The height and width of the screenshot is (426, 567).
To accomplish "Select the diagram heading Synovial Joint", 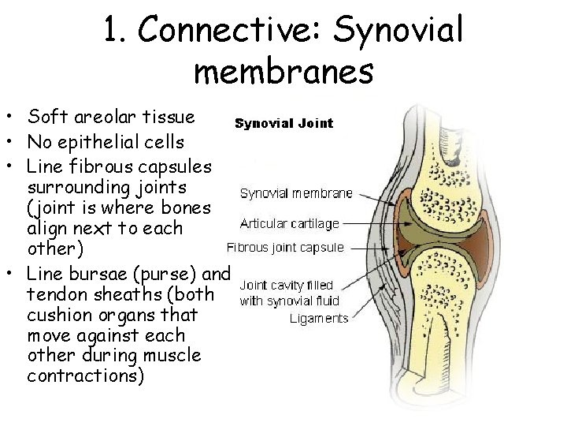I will click(283, 123).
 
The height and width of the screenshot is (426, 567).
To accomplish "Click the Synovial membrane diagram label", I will click(296, 192).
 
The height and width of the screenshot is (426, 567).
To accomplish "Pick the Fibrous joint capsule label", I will click(285, 247).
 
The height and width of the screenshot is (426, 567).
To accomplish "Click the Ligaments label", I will click(318, 319).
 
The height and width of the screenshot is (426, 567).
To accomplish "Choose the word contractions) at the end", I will click(85, 376).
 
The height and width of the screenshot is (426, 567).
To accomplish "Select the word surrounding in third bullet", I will click(77, 189).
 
